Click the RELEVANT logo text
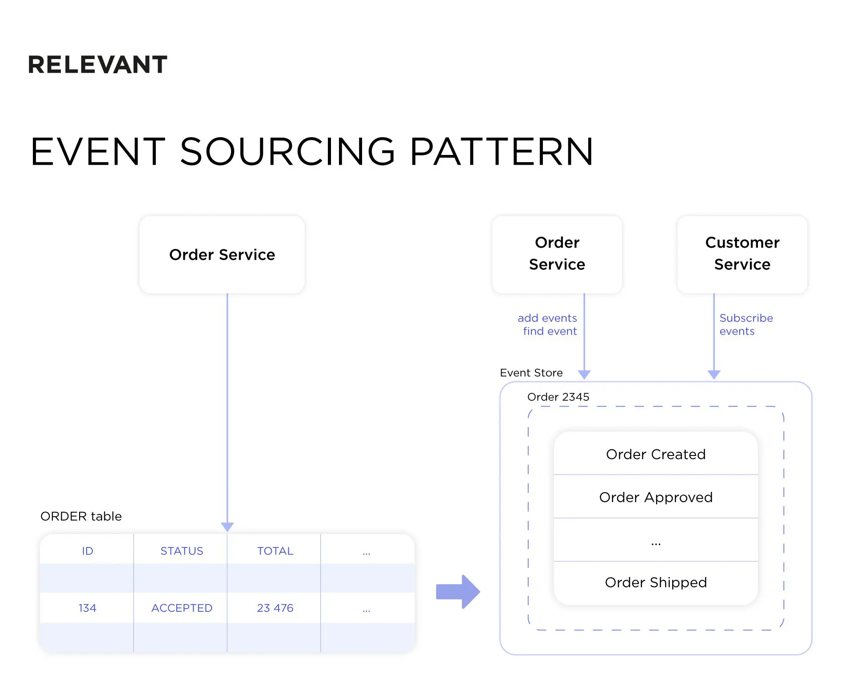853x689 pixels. [97, 65]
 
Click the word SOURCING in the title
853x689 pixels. [287, 152]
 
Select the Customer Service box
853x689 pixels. [742, 254]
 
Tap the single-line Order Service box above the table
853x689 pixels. [222, 255]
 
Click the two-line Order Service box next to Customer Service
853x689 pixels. [557, 254]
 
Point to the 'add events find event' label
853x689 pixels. [548, 325]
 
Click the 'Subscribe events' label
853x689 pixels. [745, 325]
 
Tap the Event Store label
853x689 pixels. [531, 373]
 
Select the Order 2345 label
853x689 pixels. [558, 397]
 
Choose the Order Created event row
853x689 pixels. [655, 454]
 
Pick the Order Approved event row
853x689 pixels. [655, 497]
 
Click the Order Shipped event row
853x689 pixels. [655, 582]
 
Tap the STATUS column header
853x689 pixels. [182, 551]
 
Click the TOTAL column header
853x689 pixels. [275, 551]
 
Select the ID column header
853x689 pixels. [88, 551]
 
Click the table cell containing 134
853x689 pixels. [88, 608]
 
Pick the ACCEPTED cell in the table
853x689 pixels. [182, 608]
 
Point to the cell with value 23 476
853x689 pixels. [275, 608]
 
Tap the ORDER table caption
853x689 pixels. [81, 516]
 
